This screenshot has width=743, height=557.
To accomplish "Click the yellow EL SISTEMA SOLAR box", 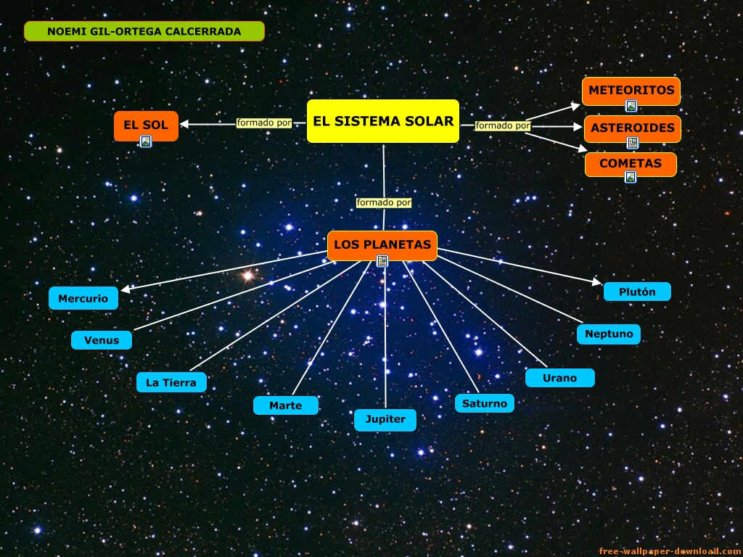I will pos(383,121).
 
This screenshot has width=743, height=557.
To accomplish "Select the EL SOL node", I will pos(146,125).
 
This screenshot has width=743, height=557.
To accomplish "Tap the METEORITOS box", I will pos(631,91).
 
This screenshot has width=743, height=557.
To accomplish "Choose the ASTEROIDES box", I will pos(632,128).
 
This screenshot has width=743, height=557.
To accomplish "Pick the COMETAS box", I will pos(631,164).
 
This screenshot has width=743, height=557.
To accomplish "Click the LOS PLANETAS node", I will pos(382,244).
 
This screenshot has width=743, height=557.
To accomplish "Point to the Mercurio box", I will pos(83,298).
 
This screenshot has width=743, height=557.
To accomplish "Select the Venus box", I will pos(102,340).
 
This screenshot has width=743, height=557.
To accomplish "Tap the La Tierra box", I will pos(171,382).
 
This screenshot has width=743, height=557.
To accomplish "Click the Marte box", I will pos(286,405).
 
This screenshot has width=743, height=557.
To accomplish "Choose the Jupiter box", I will pos(385,420).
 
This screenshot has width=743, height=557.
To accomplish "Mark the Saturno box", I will pos(485,403).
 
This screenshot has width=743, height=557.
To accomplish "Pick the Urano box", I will pos(559,378).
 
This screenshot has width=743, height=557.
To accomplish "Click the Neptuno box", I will pos(609,334).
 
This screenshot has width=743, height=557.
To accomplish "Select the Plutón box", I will pos(637,292).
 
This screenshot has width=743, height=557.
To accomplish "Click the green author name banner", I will pos(144,31).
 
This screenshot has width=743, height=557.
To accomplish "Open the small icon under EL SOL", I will pos(146,141).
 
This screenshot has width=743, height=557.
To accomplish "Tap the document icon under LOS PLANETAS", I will pos(382,261).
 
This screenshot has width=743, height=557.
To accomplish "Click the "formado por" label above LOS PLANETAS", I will pos(384,202).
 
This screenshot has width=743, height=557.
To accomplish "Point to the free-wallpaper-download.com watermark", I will pos(670,551).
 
